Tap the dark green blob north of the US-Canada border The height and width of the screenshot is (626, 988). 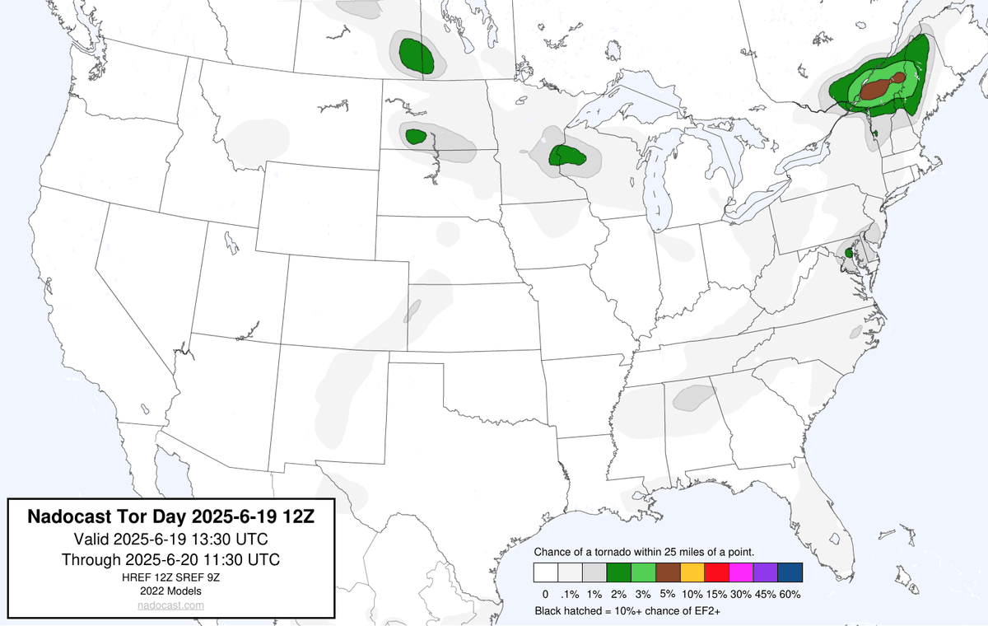[x=416, y=55]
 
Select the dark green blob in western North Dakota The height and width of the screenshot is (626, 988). [x=416, y=136]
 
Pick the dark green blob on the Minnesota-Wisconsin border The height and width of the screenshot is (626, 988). [x=568, y=156]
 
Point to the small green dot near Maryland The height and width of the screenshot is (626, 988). [x=849, y=250]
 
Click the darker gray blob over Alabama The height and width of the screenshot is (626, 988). [x=692, y=398]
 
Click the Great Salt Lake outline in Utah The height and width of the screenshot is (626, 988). [x=233, y=243]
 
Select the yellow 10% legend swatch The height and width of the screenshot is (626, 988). [x=692, y=572]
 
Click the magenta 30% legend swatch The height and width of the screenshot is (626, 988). [x=741, y=572]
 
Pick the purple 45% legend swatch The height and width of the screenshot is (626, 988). [x=766, y=572]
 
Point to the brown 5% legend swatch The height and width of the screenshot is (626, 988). [x=668, y=572]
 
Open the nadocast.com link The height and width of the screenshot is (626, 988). [x=171, y=605]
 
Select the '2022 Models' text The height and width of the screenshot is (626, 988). [x=170, y=591]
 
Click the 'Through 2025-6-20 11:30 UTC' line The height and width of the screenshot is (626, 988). [x=170, y=559]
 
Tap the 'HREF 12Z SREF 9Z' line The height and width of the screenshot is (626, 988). [x=170, y=577]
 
